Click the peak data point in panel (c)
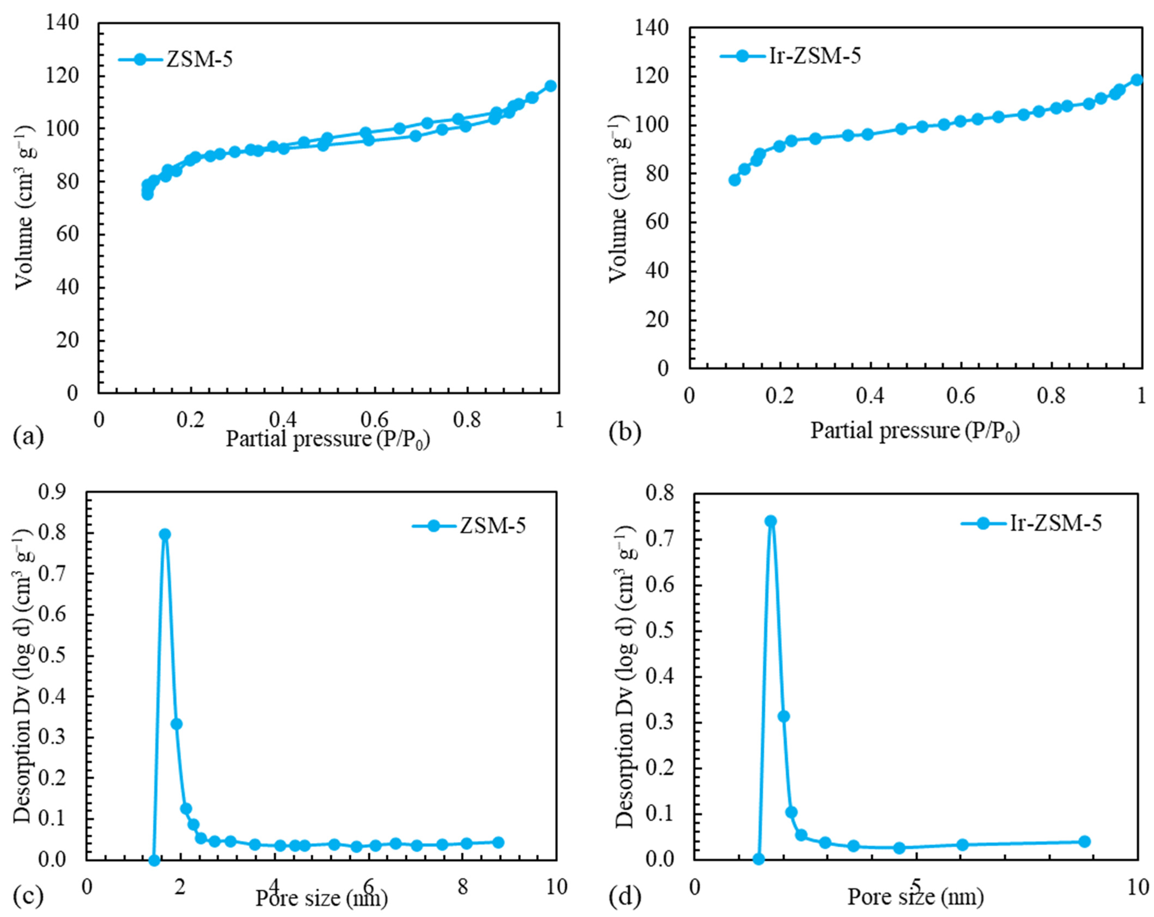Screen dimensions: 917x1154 (165, 534)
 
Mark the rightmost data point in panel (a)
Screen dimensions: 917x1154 (550, 85)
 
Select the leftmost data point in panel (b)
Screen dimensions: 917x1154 (734, 180)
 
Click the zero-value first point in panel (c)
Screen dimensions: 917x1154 (154, 860)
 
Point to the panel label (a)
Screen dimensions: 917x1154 (28, 436)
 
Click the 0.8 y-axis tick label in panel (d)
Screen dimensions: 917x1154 (660, 493)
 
